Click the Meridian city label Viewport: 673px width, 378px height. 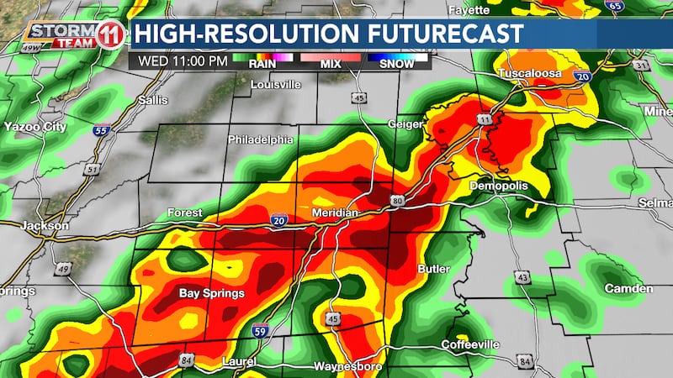click(x=336, y=213)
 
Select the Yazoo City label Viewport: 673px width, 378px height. click(x=34, y=126)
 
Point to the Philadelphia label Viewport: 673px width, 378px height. click(x=261, y=139)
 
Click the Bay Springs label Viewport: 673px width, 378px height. click(x=212, y=294)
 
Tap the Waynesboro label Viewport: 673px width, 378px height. click(x=342, y=367)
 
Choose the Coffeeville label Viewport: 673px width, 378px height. click(x=472, y=344)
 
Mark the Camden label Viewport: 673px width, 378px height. click(x=628, y=288)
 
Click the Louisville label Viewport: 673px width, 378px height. click(x=276, y=85)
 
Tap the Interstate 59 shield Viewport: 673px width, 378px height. click(x=261, y=330)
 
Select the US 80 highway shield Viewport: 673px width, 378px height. click(x=396, y=200)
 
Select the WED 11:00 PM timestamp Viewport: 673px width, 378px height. click(x=177, y=60)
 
